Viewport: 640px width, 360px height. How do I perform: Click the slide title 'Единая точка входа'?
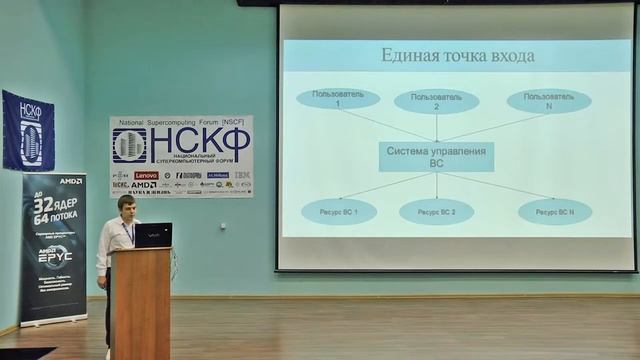(x=457, y=56)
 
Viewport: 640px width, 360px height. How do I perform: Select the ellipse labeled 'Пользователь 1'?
(x=338, y=99)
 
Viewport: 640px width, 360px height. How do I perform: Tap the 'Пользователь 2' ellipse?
(x=436, y=101)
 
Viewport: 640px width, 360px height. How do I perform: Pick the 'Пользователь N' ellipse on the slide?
(x=548, y=101)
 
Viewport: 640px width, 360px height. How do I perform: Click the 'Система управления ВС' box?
(x=436, y=157)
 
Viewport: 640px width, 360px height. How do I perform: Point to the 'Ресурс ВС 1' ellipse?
(x=338, y=211)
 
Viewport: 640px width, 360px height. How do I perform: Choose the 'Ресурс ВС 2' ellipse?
(x=436, y=212)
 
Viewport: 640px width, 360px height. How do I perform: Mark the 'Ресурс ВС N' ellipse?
(x=554, y=211)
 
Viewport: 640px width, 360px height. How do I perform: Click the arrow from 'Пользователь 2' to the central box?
(x=436, y=127)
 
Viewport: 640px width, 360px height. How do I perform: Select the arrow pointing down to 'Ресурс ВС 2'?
(x=436, y=185)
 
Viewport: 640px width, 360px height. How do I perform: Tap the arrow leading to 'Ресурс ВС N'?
(x=500, y=186)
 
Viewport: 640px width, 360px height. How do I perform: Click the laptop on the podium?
(x=153, y=235)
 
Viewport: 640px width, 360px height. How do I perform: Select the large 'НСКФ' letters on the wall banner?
(x=199, y=141)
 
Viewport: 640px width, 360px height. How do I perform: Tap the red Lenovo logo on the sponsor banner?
(x=146, y=175)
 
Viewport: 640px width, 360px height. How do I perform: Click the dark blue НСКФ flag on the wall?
(x=28, y=130)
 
